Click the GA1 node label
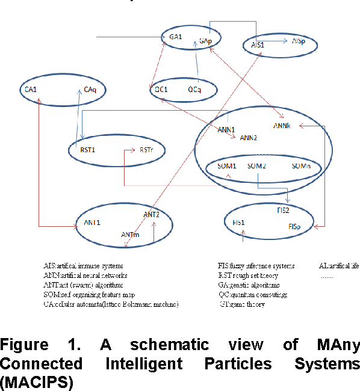tap(176, 37)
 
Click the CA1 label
tap(30, 90)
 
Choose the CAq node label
tap(90, 90)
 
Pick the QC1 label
tap(161, 90)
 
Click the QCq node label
tap(194, 90)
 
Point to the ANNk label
tap(282, 126)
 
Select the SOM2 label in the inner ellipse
tap(256, 165)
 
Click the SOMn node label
tap(301, 165)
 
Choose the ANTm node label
tap(130, 234)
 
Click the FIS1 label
tap(239, 223)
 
